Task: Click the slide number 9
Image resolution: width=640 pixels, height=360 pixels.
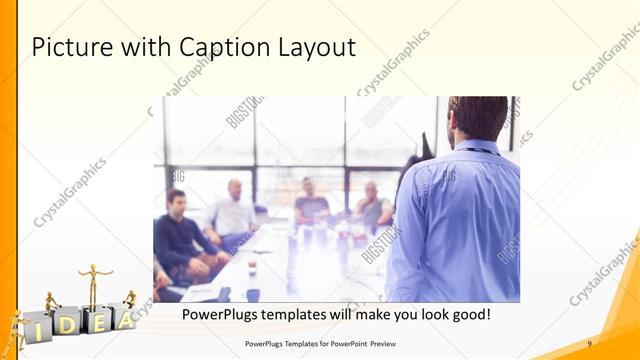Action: [590, 343]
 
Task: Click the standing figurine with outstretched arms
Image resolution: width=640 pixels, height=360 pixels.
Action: [95, 284]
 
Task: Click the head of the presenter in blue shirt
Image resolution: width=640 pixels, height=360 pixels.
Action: [478, 117]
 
